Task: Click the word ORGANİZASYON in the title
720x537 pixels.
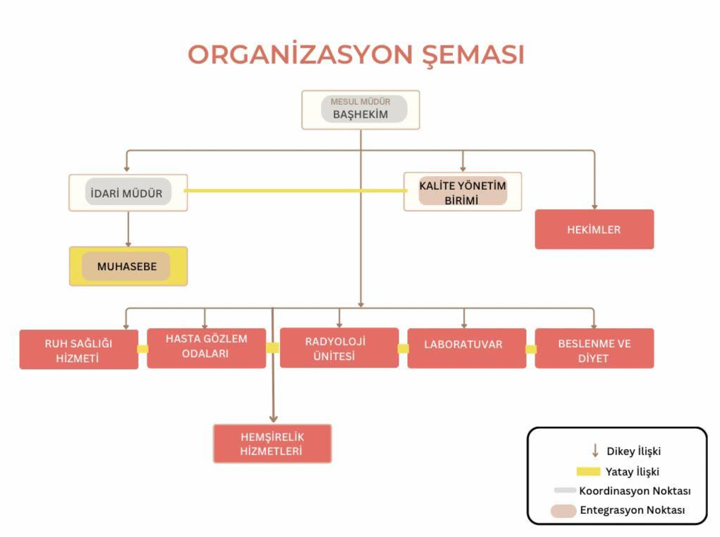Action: pyautogui.click(x=300, y=54)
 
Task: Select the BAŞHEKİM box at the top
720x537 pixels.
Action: pyautogui.click(x=361, y=110)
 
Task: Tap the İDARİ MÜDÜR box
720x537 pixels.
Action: pyautogui.click(x=128, y=193)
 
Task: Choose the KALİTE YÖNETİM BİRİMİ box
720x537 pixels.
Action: pyautogui.click(x=463, y=192)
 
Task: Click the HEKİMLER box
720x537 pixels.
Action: pyautogui.click(x=594, y=229)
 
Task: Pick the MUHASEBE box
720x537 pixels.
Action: pyautogui.click(x=128, y=266)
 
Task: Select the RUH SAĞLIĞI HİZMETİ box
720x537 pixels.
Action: pyautogui.click(x=79, y=349)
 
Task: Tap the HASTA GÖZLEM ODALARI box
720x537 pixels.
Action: pyautogui.click(x=206, y=348)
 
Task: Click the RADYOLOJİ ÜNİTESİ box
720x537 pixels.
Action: pyautogui.click(x=339, y=348)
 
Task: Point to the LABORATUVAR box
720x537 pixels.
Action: pyautogui.click(x=467, y=348)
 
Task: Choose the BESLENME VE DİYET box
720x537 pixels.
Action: pyautogui.click(x=594, y=348)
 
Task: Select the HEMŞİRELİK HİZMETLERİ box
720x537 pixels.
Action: pyautogui.click(x=272, y=444)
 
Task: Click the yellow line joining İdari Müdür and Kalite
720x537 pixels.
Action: pyautogui.click(x=295, y=190)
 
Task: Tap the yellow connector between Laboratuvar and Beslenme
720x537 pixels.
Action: pyautogui.click(x=531, y=349)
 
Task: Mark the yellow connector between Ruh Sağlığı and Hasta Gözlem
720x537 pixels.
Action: pyautogui.click(x=142, y=349)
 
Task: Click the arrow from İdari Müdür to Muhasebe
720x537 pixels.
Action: pyautogui.click(x=128, y=229)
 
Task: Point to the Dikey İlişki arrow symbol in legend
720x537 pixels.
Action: pyautogui.click(x=595, y=451)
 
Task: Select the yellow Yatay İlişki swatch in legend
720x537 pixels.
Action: pyautogui.click(x=588, y=472)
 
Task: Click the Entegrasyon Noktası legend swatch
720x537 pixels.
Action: pyautogui.click(x=563, y=511)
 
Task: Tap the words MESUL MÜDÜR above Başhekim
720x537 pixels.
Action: pyautogui.click(x=360, y=102)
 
